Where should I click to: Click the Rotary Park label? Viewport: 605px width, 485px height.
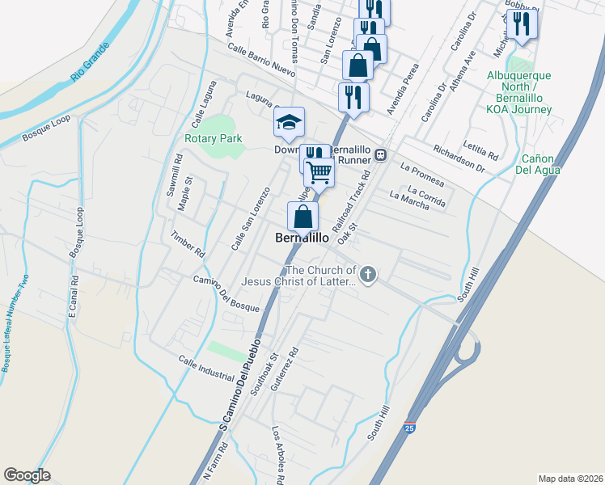click(213, 138)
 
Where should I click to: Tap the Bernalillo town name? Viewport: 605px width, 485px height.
click(302, 238)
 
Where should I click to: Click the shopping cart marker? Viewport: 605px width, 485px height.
click(319, 171)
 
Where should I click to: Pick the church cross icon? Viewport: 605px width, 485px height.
click(368, 275)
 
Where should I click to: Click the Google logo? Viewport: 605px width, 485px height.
click(27, 475)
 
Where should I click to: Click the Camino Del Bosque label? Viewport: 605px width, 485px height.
click(226, 293)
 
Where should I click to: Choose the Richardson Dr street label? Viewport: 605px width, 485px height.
click(459, 159)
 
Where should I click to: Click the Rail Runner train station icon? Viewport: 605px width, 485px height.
click(380, 154)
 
